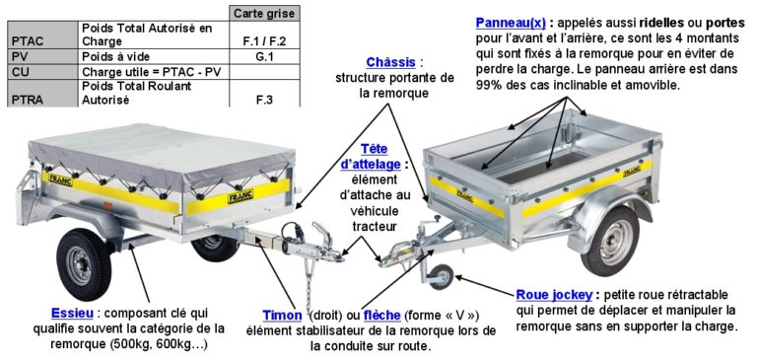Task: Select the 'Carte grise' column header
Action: point(263,13)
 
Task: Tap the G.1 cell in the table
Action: point(263,57)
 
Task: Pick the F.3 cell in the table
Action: point(263,99)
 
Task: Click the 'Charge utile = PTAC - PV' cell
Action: point(151,71)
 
